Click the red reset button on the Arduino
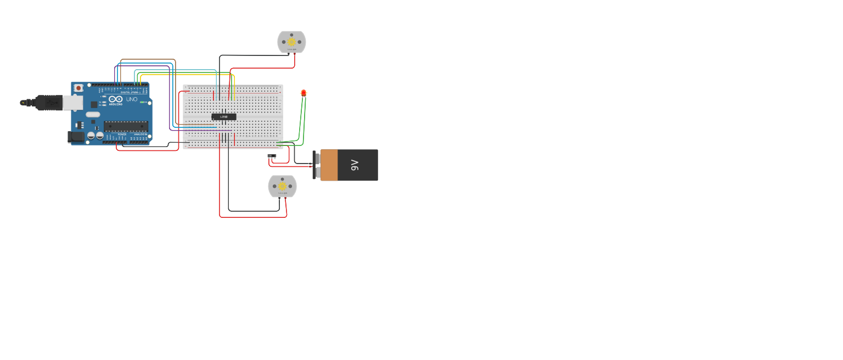(78, 88)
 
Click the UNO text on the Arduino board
(132, 99)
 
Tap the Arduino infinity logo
(115, 99)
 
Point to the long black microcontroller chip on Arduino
(126, 126)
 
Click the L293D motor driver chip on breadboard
(224, 117)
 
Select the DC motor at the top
(291, 42)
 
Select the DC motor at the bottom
(282, 186)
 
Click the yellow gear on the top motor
(291, 42)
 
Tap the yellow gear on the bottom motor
(282, 186)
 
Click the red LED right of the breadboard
(304, 93)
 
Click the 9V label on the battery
(355, 165)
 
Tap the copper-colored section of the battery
(329, 165)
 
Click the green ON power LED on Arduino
(142, 102)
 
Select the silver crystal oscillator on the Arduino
(93, 115)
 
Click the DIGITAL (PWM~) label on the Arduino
(129, 92)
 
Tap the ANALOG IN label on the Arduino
(140, 134)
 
